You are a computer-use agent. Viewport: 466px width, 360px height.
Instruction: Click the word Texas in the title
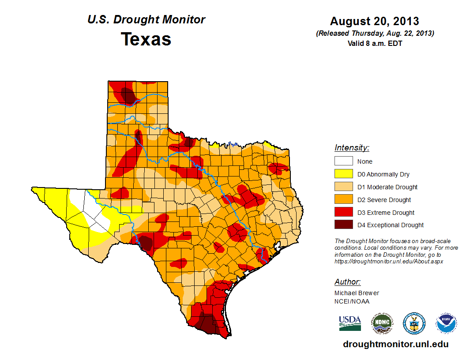(x=146, y=39)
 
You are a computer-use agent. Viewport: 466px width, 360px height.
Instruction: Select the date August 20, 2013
(x=374, y=21)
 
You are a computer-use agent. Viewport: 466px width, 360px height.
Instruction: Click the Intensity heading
(x=352, y=148)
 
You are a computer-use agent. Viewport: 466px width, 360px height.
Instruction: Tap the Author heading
(x=347, y=282)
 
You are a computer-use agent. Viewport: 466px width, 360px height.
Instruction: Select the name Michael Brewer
(x=357, y=293)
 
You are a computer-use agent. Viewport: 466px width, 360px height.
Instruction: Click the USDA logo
(x=350, y=323)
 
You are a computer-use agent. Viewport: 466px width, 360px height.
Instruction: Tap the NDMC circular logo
(x=382, y=323)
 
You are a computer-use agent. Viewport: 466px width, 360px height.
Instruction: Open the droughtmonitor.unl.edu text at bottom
(x=395, y=345)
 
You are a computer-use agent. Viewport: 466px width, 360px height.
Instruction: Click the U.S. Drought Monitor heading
(x=146, y=20)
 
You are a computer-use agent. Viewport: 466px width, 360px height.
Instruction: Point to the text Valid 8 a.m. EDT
(x=374, y=43)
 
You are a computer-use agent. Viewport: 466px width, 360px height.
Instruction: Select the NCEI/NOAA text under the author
(x=352, y=301)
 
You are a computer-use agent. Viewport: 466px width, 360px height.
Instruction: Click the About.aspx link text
(x=388, y=262)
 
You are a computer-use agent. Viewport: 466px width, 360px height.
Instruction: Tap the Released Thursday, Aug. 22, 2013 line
(x=374, y=34)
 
